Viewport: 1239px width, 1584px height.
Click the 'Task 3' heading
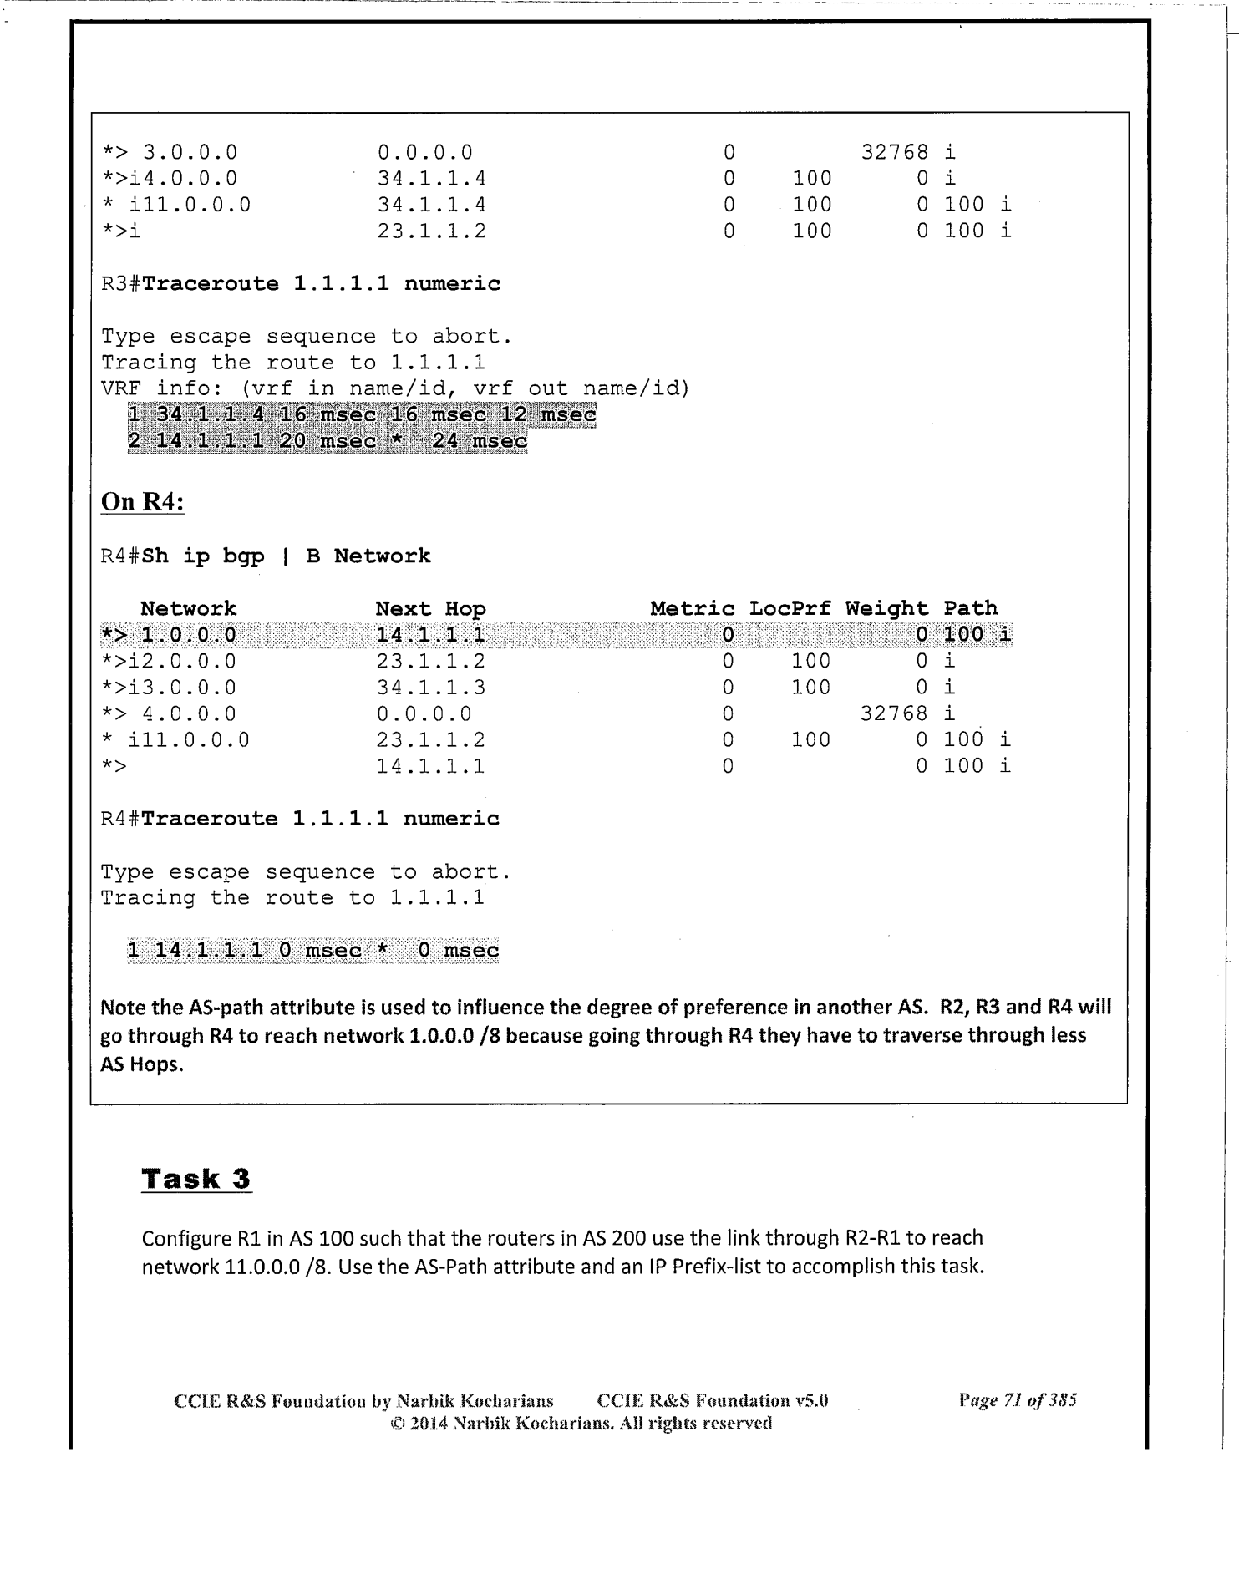coord(196,1179)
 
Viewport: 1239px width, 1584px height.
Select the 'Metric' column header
coord(692,608)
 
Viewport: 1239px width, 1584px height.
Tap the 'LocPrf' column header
coord(789,608)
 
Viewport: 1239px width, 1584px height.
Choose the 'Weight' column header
coord(886,608)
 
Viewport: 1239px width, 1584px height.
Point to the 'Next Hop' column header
coord(430,608)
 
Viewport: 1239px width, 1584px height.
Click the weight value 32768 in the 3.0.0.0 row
coord(894,152)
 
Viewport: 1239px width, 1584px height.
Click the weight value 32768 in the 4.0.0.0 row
coord(894,713)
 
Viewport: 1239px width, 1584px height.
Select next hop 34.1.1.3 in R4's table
coord(430,688)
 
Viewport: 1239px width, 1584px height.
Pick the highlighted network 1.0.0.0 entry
coord(188,635)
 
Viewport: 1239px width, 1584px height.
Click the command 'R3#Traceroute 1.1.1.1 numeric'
coord(301,284)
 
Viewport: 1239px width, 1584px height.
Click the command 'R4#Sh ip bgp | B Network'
coord(266,556)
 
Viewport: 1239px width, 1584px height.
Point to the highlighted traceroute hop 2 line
coord(328,441)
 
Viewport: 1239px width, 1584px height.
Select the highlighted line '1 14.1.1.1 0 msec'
coord(313,950)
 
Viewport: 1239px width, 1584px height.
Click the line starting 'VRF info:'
coord(395,388)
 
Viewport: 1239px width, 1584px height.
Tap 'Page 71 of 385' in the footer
coord(1018,1400)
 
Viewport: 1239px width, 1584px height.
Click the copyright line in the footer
coord(581,1423)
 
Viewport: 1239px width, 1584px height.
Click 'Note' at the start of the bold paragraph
coord(122,1007)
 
